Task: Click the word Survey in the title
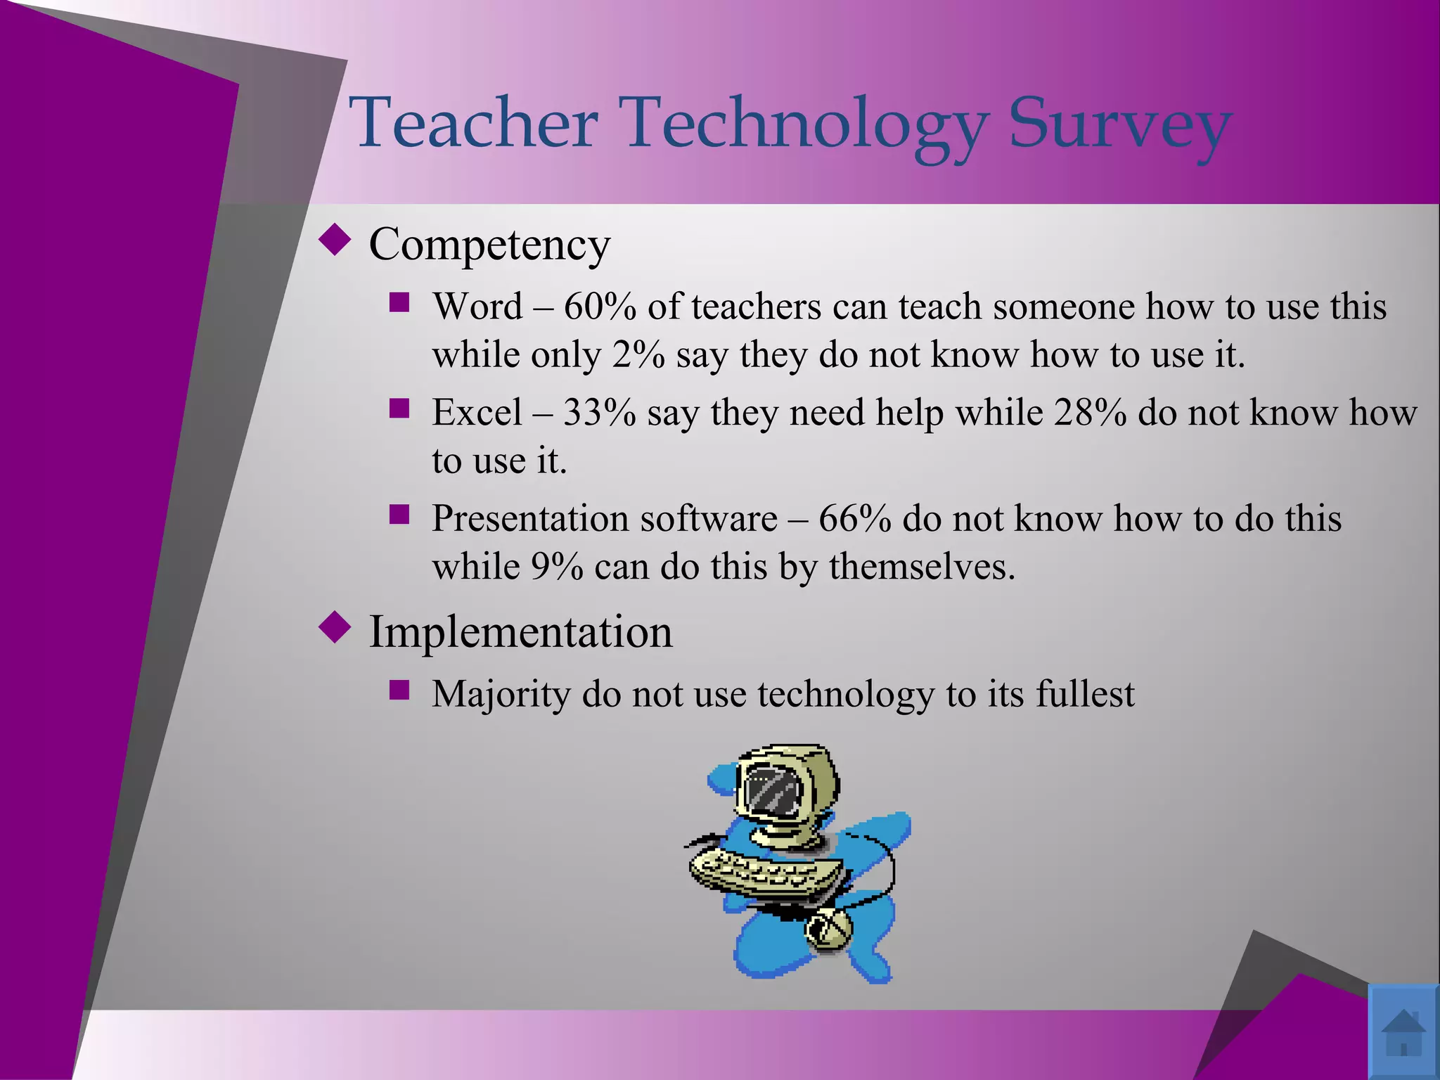tap(1119, 123)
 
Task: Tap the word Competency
tap(489, 245)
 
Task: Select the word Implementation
tap(520, 631)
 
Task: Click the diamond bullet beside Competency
tap(335, 240)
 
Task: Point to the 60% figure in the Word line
tap(599, 307)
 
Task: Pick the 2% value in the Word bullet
tap(638, 354)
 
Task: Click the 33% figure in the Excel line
tap(599, 412)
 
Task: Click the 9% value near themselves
tap(556, 567)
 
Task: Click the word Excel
tap(477, 412)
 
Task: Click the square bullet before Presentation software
tap(399, 515)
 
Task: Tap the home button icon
tap(1403, 1031)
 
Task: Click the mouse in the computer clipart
tap(828, 928)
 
